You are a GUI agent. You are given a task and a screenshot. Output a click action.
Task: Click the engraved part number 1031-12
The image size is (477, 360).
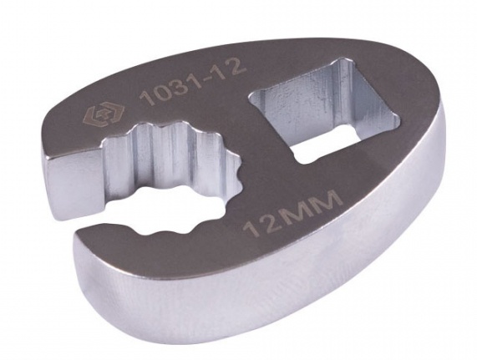click(x=192, y=82)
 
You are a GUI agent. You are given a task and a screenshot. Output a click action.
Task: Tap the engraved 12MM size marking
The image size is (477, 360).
click(x=292, y=214)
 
